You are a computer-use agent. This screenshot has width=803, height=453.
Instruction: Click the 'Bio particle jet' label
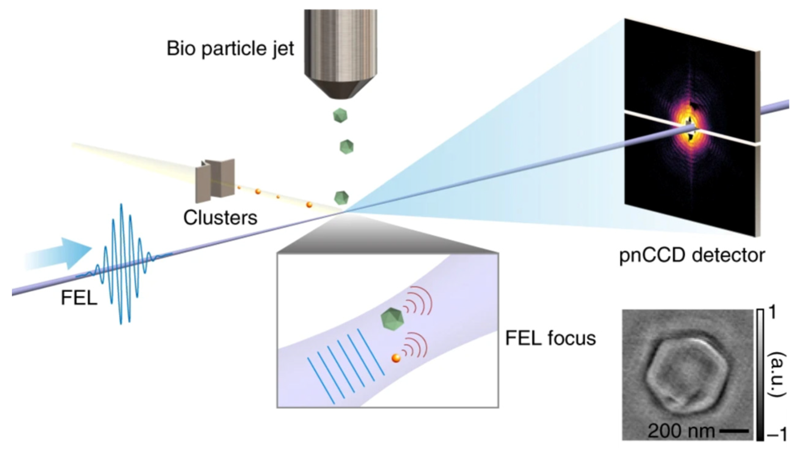tap(230, 49)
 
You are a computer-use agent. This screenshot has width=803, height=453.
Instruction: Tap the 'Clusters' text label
tap(220, 217)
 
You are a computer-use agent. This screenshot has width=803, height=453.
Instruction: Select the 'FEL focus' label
tap(550, 338)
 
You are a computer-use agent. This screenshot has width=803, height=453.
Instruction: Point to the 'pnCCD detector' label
tap(692, 256)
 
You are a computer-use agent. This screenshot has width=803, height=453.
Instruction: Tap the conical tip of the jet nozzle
tap(340, 89)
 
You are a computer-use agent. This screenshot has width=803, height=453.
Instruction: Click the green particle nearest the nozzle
tap(340, 115)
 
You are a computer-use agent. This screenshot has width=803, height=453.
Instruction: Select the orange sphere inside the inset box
tap(396, 358)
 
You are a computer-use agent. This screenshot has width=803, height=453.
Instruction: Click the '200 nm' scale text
tap(681, 431)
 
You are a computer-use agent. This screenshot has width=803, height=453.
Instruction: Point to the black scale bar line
tap(734, 431)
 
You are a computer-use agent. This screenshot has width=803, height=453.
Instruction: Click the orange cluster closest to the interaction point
tap(309, 205)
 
